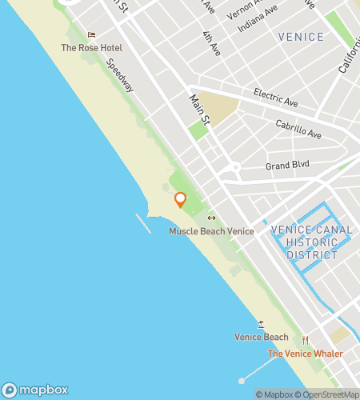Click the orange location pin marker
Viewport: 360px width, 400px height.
(x=180, y=200)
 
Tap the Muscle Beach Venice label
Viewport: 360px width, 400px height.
(x=211, y=231)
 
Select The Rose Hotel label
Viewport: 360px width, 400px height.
(x=92, y=48)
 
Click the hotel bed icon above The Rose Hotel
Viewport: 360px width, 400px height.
(x=91, y=35)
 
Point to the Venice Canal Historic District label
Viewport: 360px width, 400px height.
(x=307, y=242)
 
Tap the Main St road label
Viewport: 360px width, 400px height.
(x=199, y=110)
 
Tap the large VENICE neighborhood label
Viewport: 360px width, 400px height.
(x=301, y=37)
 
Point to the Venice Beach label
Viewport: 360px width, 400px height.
(x=261, y=337)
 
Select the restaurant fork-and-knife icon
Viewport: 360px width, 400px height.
(x=304, y=340)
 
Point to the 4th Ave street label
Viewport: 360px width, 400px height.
(x=211, y=45)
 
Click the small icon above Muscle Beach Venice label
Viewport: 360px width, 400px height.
(x=211, y=218)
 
